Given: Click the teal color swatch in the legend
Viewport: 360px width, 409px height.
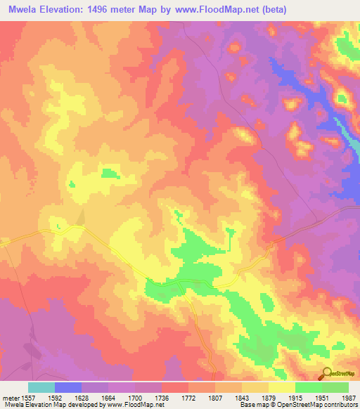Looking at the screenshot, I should coord(41,387).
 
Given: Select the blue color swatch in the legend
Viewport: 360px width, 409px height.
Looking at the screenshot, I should coord(68,387).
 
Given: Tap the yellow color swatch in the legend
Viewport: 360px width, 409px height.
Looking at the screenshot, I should coord(282,387).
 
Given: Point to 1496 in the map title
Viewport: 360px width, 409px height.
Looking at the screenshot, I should coord(105,10).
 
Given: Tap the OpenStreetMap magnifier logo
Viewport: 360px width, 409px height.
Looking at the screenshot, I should coord(327,373).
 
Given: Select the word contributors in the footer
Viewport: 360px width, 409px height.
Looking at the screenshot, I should coord(340,405).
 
